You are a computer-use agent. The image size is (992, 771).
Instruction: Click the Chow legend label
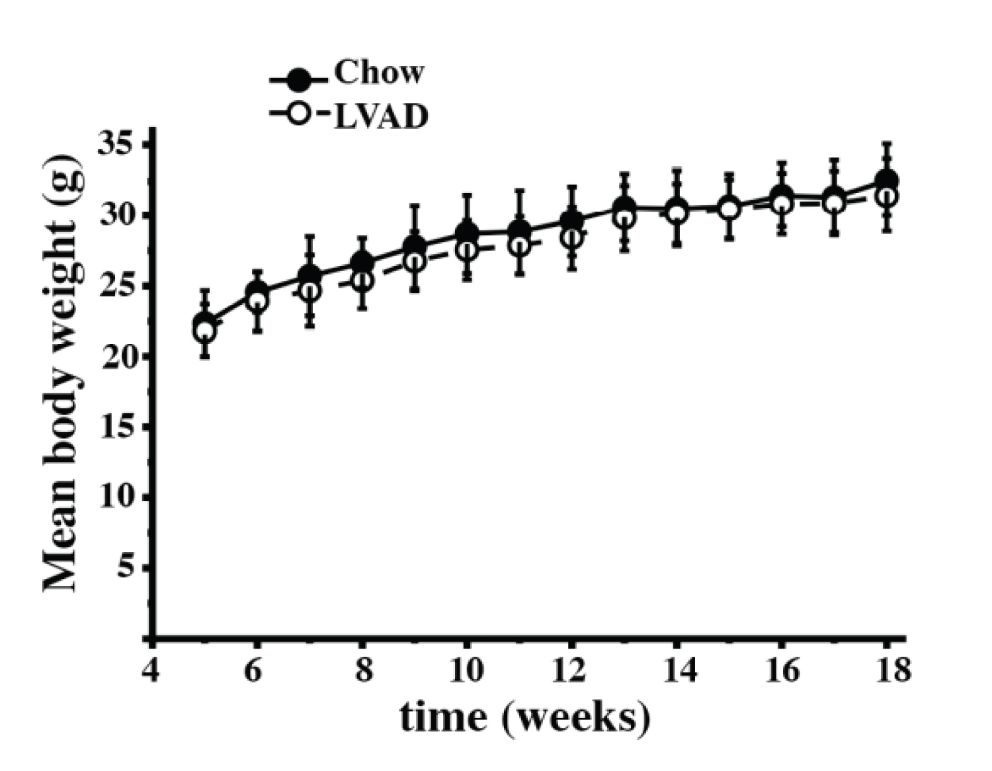tap(378, 72)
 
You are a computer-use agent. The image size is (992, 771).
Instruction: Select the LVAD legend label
tap(382, 117)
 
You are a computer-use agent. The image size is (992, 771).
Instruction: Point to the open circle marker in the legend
tap(300, 114)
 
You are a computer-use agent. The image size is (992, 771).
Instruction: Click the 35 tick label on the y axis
tap(116, 143)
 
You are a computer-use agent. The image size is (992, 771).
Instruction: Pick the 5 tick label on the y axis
tap(127, 567)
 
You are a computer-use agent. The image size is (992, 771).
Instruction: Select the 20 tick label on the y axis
tap(116, 356)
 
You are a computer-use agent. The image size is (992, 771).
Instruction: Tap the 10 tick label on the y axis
tap(116, 497)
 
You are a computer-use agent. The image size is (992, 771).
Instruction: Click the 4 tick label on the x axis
tap(151, 670)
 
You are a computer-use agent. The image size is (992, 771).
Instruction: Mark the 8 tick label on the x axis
tap(362, 670)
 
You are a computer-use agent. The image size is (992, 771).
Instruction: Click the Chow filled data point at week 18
tap(886, 180)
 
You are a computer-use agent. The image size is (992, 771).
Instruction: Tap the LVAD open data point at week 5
tap(205, 331)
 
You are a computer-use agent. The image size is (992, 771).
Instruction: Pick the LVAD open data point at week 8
tap(362, 281)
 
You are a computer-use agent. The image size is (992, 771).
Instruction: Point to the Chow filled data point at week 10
tap(467, 231)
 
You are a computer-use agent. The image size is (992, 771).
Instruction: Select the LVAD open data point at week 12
tap(572, 237)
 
